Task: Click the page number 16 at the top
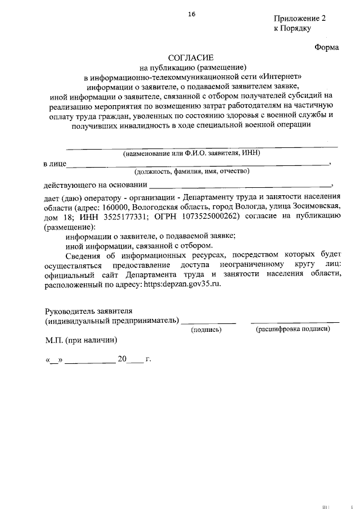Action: (x=192, y=15)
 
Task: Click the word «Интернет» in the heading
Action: (x=282, y=76)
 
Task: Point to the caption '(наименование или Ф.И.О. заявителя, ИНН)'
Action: (x=192, y=153)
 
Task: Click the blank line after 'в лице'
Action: (x=197, y=164)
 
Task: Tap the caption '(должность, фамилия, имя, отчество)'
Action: (x=192, y=172)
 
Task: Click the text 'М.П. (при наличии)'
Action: (x=82, y=340)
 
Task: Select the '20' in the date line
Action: (x=123, y=359)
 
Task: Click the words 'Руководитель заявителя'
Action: (x=89, y=311)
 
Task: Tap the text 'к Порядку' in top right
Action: (x=292, y=28)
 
